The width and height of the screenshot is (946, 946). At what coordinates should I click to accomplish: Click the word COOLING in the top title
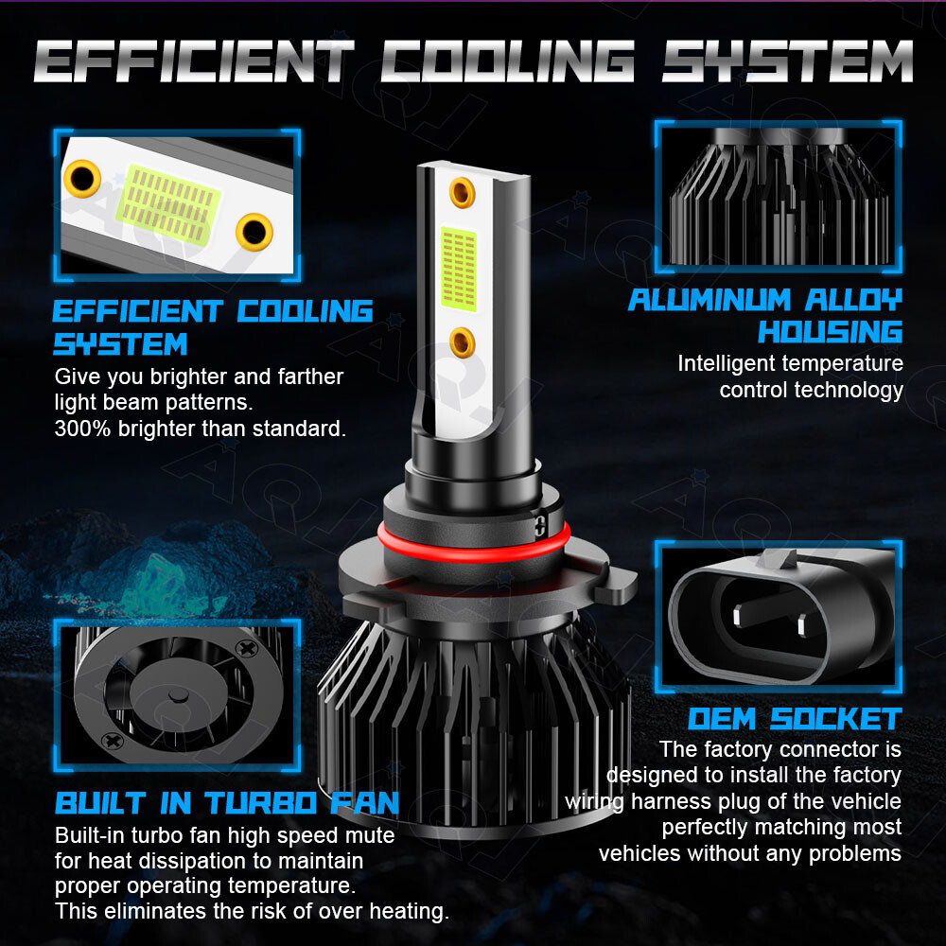click(x=507, y=61)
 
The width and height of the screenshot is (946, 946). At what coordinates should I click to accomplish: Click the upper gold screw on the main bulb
click(x=463, y=193)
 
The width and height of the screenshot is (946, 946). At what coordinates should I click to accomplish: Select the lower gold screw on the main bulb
click(x=463, y=342)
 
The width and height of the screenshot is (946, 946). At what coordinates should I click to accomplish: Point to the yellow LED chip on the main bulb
click(x=459, y=269)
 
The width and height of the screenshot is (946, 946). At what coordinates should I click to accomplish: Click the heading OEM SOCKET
click(x=796, y=719)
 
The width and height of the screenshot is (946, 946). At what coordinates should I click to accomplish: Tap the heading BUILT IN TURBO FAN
click(x=227, y=803)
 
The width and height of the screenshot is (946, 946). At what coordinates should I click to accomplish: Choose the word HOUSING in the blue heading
click(x=831, y=332)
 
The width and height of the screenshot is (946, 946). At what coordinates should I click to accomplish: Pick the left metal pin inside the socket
click(x=738, y=616)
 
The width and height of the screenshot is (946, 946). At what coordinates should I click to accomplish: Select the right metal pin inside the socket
click(x=803, y=625)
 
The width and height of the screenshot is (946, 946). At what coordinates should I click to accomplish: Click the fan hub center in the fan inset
click(x=178, y=695)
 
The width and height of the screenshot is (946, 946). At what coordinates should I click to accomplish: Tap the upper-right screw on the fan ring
click(x=247, y=649)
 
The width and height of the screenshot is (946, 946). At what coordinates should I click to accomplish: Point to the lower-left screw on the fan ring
click(x=113, y=741)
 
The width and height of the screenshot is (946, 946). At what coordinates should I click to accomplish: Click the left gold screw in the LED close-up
click(x=82, y=179)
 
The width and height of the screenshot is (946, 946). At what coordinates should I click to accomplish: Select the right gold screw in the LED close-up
click(x=254, y=232)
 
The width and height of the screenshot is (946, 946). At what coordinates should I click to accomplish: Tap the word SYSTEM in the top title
click(x=787, y=61)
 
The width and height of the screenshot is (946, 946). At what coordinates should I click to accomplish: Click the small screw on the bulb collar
click(x=540, y=525)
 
